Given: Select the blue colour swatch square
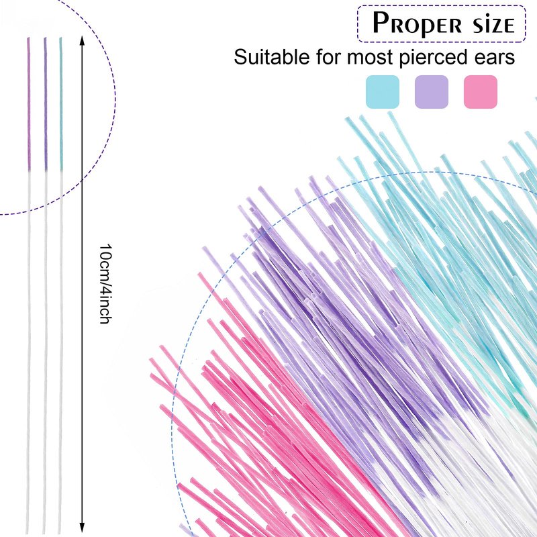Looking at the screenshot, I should pyautogui.click(x=383, y=92).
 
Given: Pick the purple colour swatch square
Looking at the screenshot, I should pyautogui.click(x=432, y=92).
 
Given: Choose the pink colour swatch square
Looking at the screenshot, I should pyautogui.click(x=481, y=92).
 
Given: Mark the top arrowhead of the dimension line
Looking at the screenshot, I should pyautogui.click(x=82, y=40).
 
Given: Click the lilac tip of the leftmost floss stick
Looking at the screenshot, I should pyautogui.click(x=28, y=101).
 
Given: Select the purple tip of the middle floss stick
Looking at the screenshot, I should pyautogui.click(x=46, y=101).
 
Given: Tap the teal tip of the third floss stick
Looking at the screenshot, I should pyautogui.click(x=61, y=101).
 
